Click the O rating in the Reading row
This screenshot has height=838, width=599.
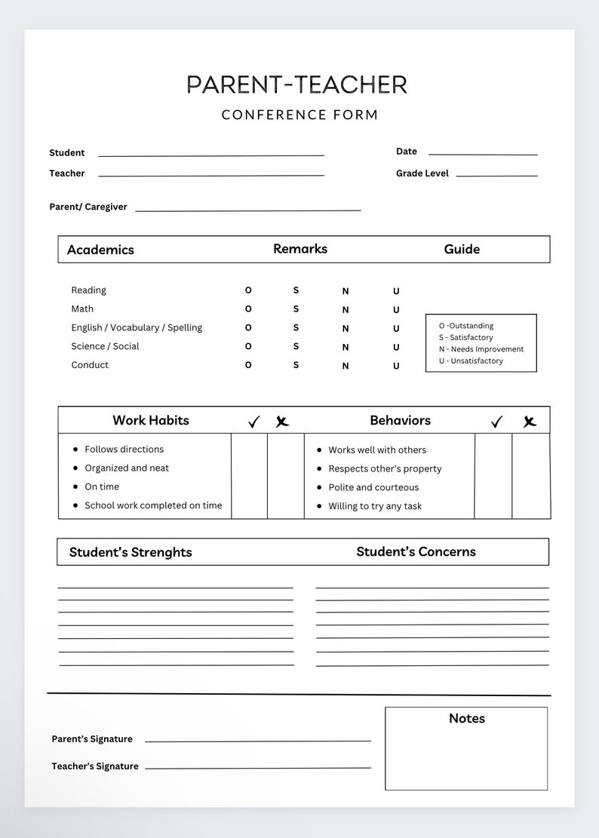[248, 290]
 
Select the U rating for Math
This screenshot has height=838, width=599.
[396, 310]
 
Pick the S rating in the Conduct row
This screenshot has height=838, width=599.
[296, 365]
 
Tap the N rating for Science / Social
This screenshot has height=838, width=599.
[346, 348]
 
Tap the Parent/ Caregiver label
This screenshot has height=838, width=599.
[88, 207]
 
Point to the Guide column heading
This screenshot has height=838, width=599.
[462, 250]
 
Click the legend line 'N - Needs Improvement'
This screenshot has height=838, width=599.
[481, 349]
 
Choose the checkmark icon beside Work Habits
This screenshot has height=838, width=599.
[253, 422]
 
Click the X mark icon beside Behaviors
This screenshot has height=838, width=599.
[530, 422]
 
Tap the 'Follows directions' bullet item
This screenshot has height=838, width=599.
[124, 450]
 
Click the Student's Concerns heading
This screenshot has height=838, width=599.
[416, 552]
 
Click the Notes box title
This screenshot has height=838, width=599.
[467, 719]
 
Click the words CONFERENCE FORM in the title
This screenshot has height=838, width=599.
[299, 115]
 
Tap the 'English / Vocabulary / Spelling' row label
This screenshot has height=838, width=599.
[137, 328]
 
